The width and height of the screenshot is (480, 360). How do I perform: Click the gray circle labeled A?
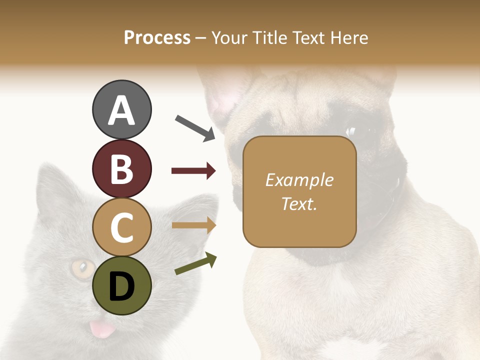pyautogui.click(x=121, y=110)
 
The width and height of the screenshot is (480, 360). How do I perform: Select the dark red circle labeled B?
pyautogui.click(x=121, y=168)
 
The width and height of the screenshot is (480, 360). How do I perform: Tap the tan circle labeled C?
pyautogui.click(x=121, y=227)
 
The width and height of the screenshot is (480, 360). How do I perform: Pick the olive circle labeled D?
pyautogui.click(x=121, y=286)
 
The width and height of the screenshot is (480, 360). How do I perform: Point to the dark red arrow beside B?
pyautogui.click(x=193, y=171)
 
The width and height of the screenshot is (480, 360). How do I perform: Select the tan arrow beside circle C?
pyautogui.click(x=193, y=225)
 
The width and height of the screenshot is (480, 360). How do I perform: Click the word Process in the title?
pyautogui.click(x=157, y=38)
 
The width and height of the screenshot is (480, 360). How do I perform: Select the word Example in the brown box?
pyautogui.click(x=299, y=180)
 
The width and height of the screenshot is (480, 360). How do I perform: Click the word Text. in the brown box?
pyautogui.click(x=299, y=203)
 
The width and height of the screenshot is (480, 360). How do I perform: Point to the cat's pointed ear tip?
pyautogui.click(x=44, y=167)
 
